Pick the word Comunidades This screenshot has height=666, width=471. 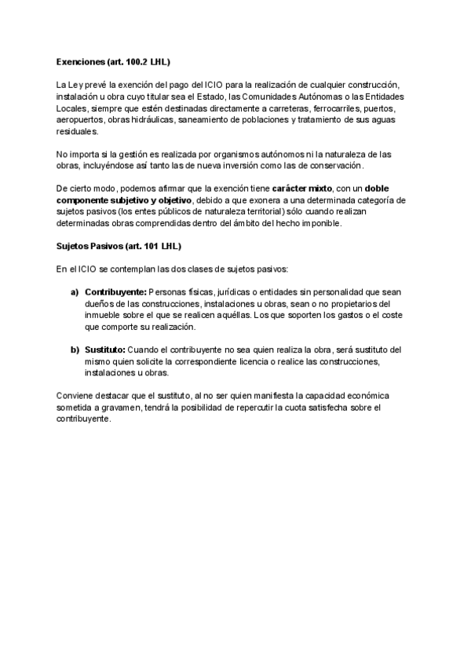(275, 96)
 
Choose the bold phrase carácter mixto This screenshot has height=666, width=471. (301, 189)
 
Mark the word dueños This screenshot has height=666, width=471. (102, 304)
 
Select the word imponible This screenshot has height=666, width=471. (340, 224)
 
